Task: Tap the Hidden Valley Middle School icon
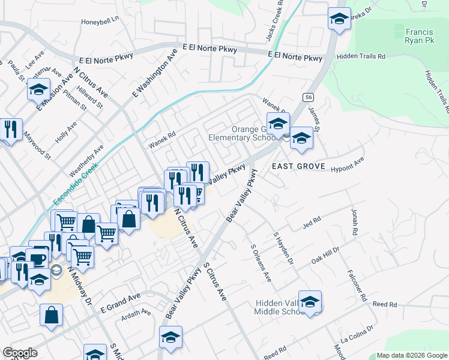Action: (310, 302)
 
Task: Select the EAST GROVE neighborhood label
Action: (298, 166)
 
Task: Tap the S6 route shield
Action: (309, 97)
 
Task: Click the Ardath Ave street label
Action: (137, 313)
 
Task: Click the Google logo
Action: (20, 353)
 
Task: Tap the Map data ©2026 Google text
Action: (412, 355)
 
